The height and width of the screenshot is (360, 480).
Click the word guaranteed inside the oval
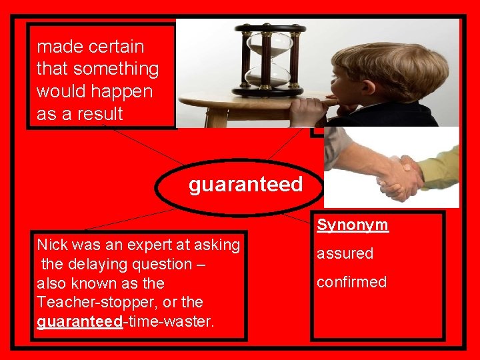(245, 185)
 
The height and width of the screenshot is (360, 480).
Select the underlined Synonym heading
(352, 225)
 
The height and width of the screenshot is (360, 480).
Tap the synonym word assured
(345, 253)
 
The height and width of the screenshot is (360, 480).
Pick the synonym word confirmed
(351, 282)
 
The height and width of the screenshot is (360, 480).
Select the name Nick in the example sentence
(51, 245)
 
